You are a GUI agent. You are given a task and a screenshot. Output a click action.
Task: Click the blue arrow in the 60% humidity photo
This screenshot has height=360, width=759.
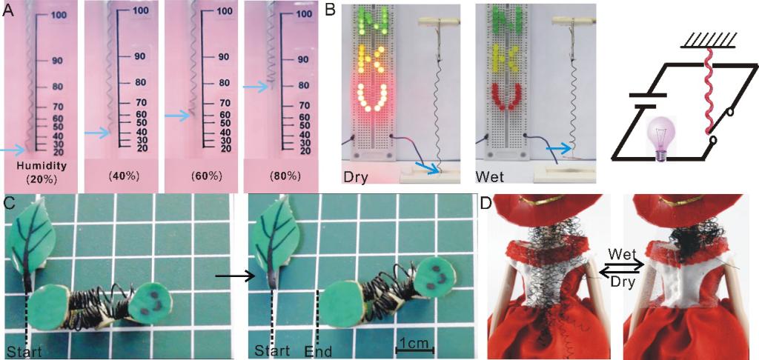[x=176, y=116]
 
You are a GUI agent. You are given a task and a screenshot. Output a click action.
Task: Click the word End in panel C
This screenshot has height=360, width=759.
[x=318, y=352]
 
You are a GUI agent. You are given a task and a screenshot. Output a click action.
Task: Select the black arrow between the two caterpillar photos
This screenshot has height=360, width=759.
[x=235, y=276]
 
